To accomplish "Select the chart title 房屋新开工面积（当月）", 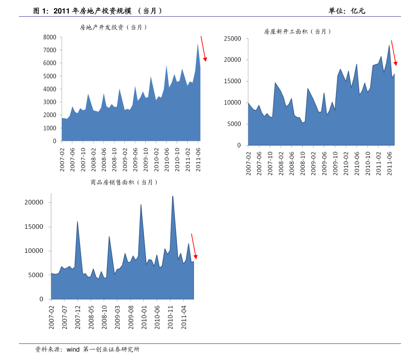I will pyautogui.click(x=298, y=31).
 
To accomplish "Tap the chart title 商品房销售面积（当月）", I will pyautogui.click(x=124, y=182).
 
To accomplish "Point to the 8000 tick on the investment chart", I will pyautogui.click(x=50, y=37).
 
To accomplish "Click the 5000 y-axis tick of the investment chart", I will pyautogui.click(x=50, y=76).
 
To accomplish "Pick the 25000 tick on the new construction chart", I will pyautogui.click(x=232, y=39).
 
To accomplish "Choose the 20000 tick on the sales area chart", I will pyautogui.click(x=34, y=202).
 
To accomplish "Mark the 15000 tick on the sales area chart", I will pyautogui.click(x=34, y=227).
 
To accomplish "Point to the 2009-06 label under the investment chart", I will pyautogui.click(x=135, y=160).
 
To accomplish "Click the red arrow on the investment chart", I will pyautogui.click(x=204, y=49).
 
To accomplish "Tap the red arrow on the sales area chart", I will pyautogui.click(x=194, y=246).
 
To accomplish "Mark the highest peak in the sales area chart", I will pyautogui.click(x=172, y=196).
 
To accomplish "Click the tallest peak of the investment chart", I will pyautogui.click(x=198, y=44).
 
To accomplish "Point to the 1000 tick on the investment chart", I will pyautogui.click(x=50, y=128).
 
